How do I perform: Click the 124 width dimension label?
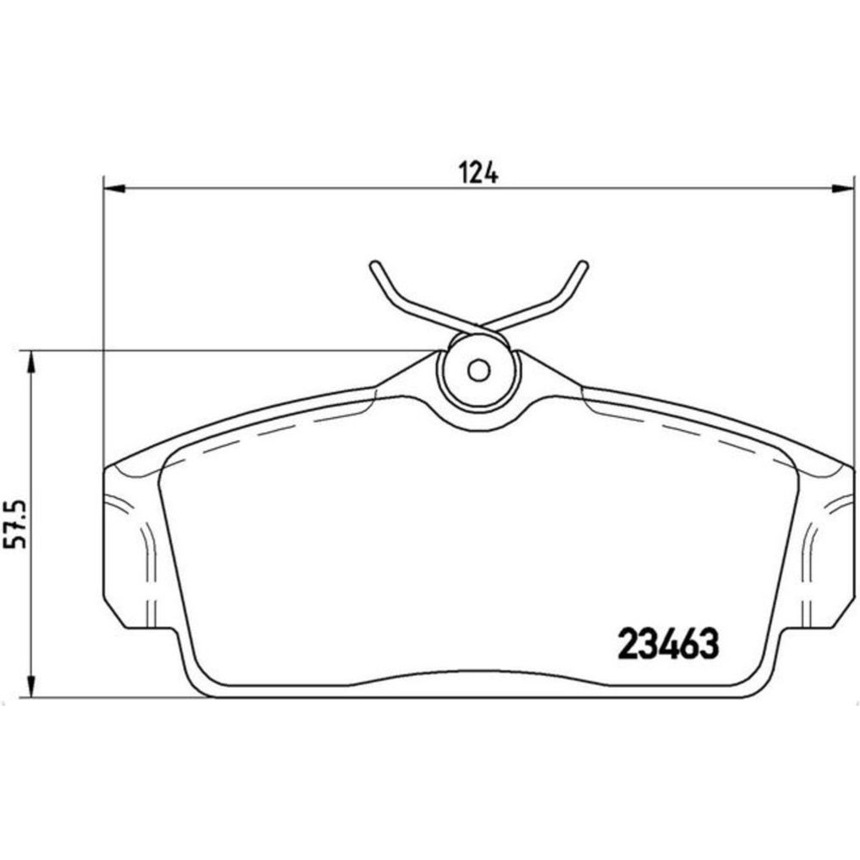pos(478,173)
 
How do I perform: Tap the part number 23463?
pos(668,643)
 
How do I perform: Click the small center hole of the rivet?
pos(478,371)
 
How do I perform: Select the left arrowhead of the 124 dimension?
pos(114,188)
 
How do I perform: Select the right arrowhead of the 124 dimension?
pos(843,188)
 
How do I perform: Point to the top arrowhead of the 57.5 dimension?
pos(32,361)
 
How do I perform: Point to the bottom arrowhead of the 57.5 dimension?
pos(32,686)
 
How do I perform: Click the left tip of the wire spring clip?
pos(374,264)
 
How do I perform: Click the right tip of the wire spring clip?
pos(584,264)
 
